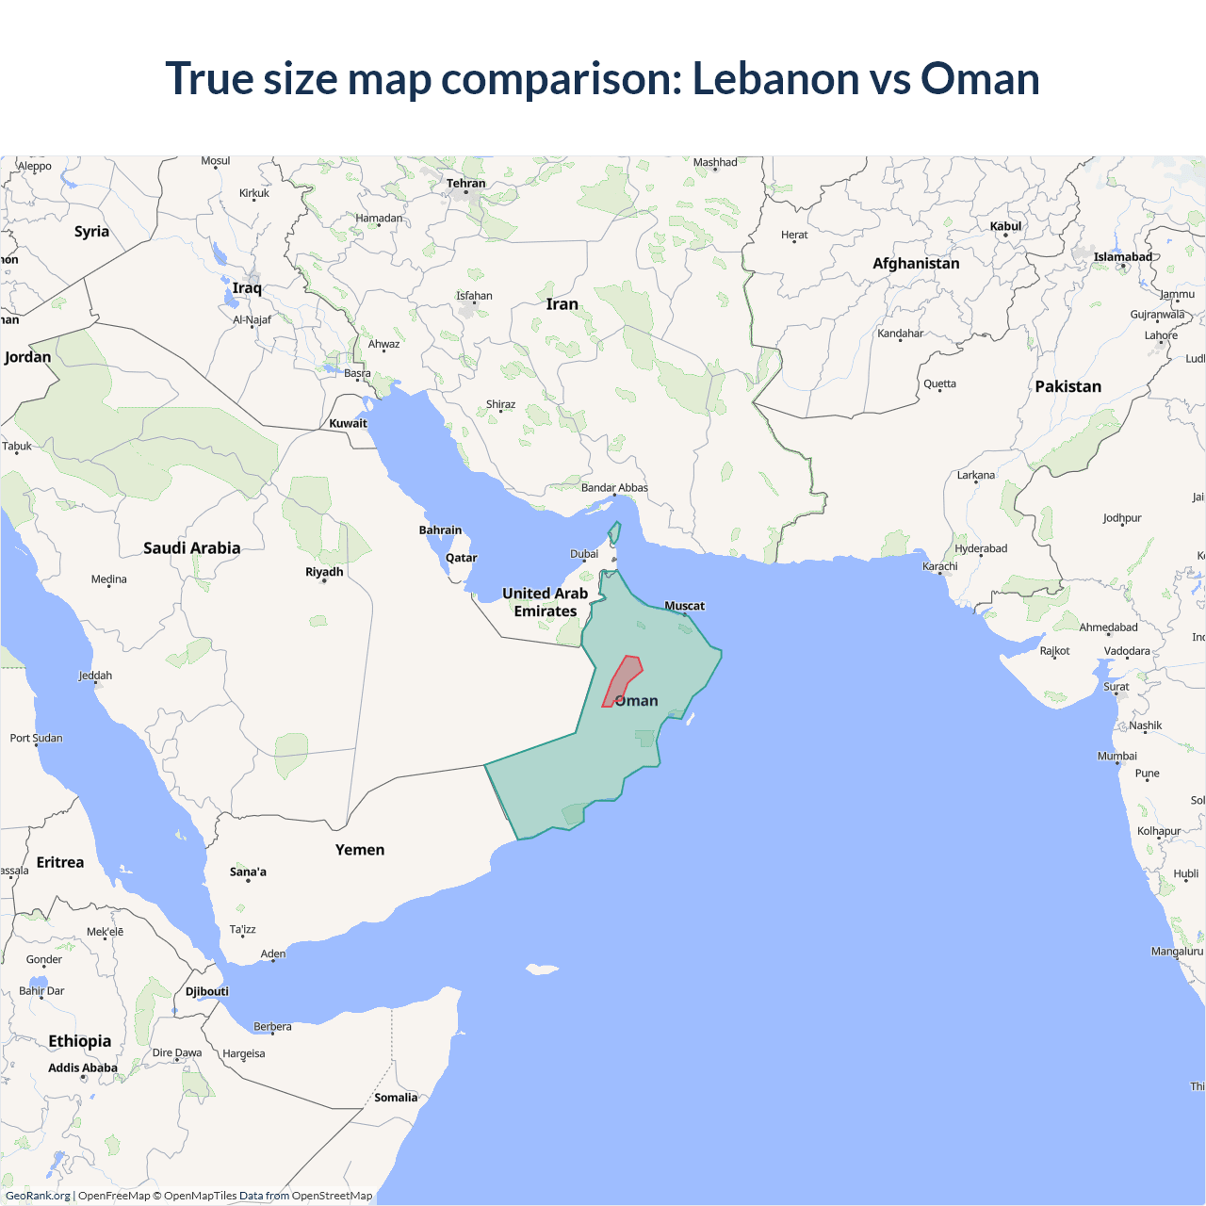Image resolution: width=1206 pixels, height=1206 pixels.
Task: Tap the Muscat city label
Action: point(684,606)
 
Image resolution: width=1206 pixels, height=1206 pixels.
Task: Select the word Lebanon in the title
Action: point(775,78)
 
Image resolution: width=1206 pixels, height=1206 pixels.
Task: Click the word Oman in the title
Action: point(980,78)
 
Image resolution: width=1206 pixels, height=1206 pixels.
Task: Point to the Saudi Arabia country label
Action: point(192,548)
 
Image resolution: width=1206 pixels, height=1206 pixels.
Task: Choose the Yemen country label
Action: point(360,850)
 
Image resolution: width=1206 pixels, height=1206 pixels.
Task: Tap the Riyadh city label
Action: point(324,572)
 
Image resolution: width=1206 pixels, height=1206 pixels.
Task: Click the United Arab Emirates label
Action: point(545,602)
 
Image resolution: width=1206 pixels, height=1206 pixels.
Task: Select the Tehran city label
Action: point(466,184)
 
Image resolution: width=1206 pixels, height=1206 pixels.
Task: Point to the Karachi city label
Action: point(940,566)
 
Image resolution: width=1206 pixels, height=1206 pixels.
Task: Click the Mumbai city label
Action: point(1117,756)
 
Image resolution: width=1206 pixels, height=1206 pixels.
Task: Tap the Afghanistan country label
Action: point(916,264)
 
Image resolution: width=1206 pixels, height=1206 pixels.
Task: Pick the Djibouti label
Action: point(207,991)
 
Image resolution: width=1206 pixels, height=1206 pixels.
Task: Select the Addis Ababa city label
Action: point(83,1067)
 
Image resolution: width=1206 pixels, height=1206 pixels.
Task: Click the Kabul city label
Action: point(1005,226)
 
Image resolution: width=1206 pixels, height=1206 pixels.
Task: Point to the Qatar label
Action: point(462,558)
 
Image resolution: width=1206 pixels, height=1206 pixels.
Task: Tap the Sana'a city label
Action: point(248,872)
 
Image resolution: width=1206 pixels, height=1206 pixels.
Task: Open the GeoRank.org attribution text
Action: point(38,1196)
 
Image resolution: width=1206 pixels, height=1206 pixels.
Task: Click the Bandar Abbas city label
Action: point(614,487)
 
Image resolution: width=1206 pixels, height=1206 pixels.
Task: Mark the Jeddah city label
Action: point(95,676)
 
